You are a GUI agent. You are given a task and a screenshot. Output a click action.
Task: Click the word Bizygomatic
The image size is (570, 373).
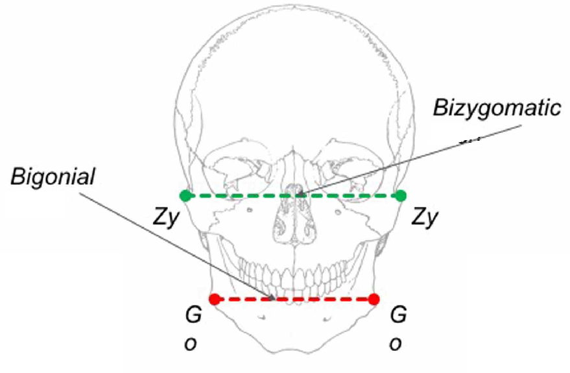497,108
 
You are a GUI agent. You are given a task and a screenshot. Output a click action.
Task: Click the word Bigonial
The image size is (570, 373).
53,176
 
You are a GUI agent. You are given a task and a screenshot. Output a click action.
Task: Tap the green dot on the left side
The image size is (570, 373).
185,196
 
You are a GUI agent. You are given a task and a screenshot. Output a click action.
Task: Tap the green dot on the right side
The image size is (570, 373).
401,196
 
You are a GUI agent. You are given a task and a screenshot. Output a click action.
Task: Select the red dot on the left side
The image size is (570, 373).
215,299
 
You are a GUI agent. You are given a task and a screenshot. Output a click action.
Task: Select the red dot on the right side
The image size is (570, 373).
374,299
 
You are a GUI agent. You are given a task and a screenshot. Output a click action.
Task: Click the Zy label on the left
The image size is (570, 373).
166,217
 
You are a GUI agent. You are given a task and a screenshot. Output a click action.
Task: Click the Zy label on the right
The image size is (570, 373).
425,217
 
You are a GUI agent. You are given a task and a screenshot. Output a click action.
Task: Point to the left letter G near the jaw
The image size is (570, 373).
193,315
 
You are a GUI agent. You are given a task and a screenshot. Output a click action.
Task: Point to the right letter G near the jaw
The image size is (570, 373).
398,315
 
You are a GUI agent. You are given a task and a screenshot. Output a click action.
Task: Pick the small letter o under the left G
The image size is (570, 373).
191,344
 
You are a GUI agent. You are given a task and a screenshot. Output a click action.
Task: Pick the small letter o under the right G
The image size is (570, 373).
396,344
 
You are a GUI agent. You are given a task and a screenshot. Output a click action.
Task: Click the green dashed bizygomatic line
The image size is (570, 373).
293,196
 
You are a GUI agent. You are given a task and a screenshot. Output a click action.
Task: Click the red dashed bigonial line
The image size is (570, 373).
294,299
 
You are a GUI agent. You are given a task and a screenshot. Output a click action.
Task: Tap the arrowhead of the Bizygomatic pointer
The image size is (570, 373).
300,194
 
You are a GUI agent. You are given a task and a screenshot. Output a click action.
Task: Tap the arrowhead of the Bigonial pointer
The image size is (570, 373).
272,298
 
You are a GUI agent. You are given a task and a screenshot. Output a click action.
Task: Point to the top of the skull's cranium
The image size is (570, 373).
294,6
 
